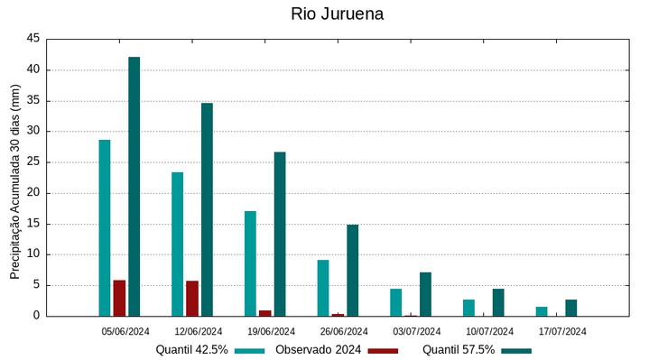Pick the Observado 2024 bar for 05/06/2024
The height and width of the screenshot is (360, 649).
[x=119, y=298]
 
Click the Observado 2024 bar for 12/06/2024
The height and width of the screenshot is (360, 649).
[x=192, y=299]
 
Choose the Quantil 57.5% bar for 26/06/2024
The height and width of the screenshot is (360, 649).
[x=353, y=270]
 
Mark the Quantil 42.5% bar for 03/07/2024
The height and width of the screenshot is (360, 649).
[x=395, y=302]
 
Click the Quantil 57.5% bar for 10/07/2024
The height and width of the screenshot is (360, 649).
[x=498, y=302]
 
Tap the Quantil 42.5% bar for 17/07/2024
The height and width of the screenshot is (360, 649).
[x=542, y=311]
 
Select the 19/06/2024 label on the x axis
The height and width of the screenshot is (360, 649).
[x=271, y=331]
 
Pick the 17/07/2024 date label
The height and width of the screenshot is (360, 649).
[x=562, y=331]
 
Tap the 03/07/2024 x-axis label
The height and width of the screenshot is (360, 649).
[x=417, y=331]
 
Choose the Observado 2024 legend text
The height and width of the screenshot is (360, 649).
[x=319, y=350]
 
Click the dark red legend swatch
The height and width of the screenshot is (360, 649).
[x=383, y=350]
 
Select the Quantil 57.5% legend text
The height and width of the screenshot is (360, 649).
[x=459, y=350]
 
